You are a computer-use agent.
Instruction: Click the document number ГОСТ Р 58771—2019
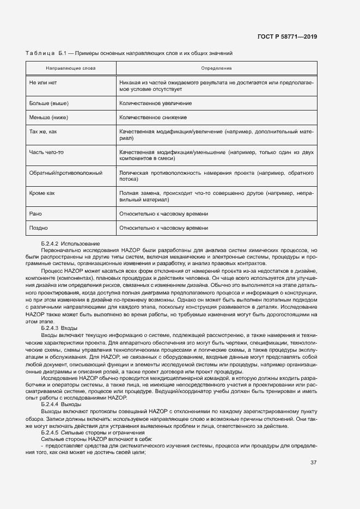pos(287,37)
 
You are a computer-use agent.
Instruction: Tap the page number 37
pos(314,463)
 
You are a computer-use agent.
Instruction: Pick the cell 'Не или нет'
pos(43,82)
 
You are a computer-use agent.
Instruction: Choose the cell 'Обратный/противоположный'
pos(66,173)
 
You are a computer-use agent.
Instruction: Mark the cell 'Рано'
pos(35,214)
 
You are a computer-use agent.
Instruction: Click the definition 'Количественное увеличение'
pos(155,103)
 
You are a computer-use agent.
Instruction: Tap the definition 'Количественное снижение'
pos(153,117)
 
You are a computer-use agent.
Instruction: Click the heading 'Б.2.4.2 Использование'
pos(70,243)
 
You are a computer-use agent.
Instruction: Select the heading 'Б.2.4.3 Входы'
pos(59,328)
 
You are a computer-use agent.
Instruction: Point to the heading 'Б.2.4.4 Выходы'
pos(61,404)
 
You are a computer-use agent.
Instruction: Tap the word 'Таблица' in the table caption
pos(40,53)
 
